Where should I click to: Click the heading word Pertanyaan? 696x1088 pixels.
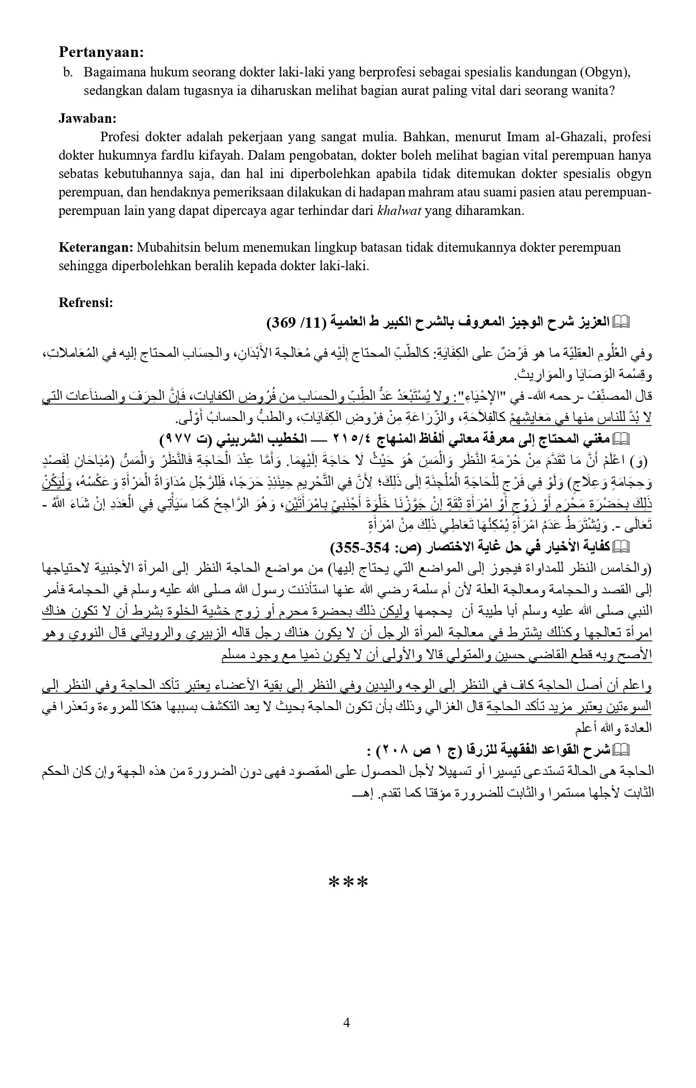(x=101, y=52)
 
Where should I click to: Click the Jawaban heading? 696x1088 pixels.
(x=87, y=118)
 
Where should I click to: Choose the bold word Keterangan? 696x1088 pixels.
(x=95, y=247)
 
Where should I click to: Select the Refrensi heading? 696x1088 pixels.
(x=86, y=303)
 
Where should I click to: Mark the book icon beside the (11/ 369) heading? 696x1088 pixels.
(x=621, y=322)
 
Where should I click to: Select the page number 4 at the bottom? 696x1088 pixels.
(x=347, y=1023)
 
